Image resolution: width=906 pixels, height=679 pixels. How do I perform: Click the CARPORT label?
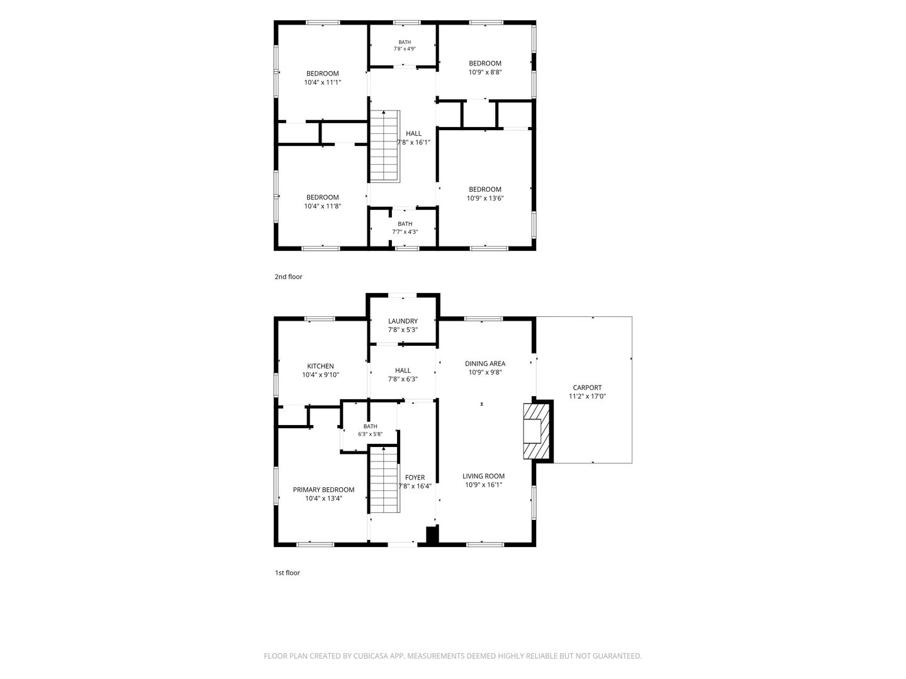(x=587, y=387)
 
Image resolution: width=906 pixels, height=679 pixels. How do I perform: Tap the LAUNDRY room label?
(x=403, y=321)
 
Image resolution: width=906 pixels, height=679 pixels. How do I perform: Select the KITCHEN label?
(x=320, y=366)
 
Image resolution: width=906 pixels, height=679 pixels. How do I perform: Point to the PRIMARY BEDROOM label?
(x=323, y=490)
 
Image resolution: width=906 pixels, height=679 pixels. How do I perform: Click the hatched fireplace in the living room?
(x=537, y=431)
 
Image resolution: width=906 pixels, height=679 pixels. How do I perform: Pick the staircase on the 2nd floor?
(x=384, y=146)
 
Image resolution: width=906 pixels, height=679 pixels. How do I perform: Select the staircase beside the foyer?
(x=384, y=480)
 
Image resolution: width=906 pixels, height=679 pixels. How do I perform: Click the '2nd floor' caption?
(x=289, y=277)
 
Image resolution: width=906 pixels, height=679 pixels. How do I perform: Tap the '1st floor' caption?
(x=288, y=573)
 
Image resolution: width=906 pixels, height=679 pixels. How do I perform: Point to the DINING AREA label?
(x=485, y=363)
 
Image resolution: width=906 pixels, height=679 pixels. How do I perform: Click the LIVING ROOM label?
(x=483, y=476)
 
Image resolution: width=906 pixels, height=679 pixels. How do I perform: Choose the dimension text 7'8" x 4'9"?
(x=405, y=48)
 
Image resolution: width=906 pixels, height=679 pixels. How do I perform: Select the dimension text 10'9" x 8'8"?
(x=485, y=72)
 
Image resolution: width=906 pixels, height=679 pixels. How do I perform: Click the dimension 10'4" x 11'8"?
(x=322, y=206)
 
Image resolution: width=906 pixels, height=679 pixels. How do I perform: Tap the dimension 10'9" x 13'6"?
(x=485, y=198)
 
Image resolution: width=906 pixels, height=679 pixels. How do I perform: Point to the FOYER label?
(x=415, y=477)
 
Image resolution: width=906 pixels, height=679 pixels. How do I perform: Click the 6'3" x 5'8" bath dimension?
(x=370, y=434)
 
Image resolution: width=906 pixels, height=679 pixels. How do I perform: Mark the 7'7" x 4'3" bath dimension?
(x=405, y=232)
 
